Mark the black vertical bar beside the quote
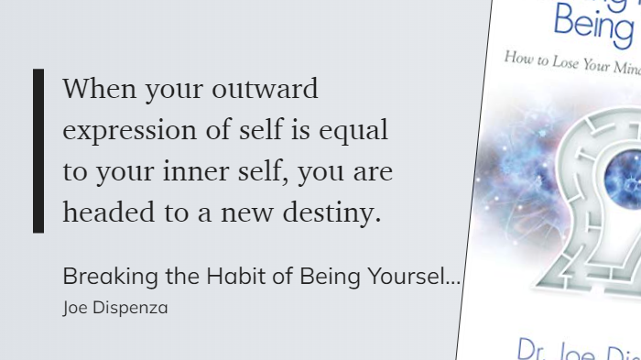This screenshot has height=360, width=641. (x=38, y=151)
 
